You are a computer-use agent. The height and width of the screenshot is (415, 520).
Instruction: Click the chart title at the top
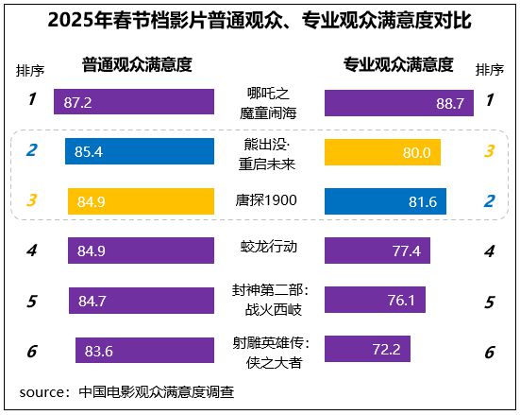coord(260,20)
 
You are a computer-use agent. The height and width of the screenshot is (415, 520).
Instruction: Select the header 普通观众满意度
coord(137,64)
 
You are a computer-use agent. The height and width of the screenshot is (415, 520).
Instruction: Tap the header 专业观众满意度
coord(397,64)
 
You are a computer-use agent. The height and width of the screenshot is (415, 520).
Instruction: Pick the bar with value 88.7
coord(399,102)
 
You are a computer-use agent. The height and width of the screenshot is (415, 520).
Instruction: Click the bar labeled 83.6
coord(145,350)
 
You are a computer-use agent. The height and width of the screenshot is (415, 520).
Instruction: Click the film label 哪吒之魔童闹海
coord(270,102)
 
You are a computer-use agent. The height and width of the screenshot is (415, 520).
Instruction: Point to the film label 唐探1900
coord(269,200)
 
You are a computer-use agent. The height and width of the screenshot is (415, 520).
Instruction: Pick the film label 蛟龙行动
coord(269,247)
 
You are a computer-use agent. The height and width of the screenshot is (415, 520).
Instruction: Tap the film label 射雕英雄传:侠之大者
coord(270,350)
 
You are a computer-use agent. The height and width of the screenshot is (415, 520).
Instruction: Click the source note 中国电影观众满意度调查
coord(157,391)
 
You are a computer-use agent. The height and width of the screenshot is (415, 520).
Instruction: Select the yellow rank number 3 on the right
coord(488,151)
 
